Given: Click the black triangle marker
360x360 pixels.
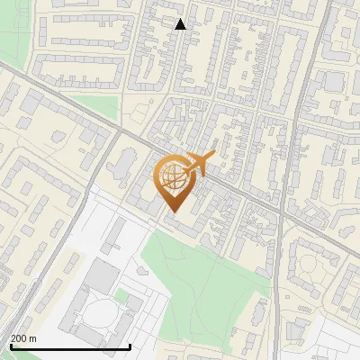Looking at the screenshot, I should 180,24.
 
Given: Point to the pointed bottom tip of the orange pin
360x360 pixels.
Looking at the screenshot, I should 173,211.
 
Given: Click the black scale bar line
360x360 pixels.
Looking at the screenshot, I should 70,346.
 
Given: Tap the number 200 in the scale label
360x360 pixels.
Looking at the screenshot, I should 19,338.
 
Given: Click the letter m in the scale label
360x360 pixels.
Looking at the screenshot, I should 33,338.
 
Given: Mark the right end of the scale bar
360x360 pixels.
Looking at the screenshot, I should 130,346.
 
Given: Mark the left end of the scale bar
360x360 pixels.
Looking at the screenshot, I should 10,346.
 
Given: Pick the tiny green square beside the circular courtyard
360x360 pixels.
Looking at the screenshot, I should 121,296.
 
